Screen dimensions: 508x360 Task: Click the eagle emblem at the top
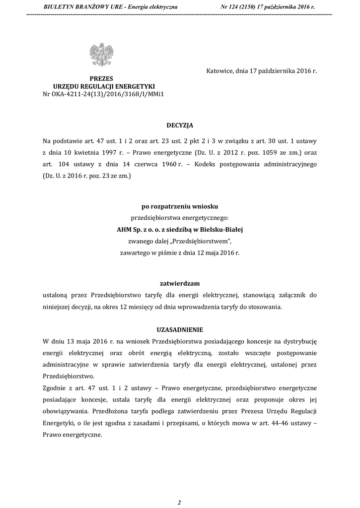(101, 55)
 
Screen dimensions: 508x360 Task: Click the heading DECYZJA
(180, 126)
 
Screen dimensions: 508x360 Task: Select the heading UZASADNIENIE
(180, 330)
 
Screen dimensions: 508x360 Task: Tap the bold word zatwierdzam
(180, 283)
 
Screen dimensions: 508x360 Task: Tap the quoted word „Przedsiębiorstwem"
(204, 241)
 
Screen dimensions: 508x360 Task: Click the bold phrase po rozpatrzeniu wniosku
(180, 206)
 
